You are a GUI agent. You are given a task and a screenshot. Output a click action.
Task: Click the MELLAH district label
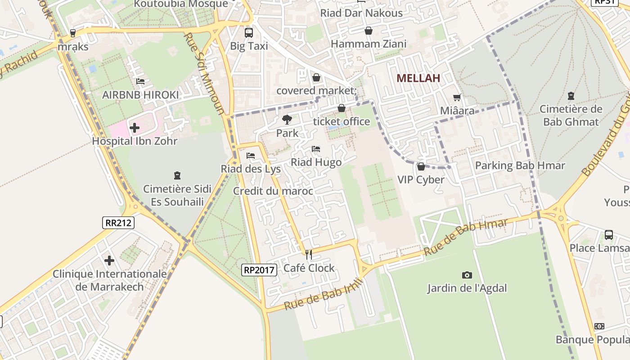tap(418, 78)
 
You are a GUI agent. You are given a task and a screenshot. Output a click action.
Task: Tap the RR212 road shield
tap(118, 222)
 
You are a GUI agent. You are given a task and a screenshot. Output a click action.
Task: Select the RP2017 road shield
tap(259, 270)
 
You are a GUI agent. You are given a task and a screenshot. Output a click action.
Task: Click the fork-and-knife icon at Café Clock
tap(309, 255)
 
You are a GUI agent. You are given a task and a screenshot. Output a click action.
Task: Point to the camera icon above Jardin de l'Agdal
tap(467, 275)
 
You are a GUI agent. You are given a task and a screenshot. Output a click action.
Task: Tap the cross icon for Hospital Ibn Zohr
tap(134, 128)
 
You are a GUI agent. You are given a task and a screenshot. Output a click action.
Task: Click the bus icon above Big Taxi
tap(249, 33)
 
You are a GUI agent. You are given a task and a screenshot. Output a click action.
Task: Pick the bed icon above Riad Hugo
tap(316, 149)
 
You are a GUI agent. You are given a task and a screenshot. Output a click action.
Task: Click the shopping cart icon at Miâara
tap(457, 97)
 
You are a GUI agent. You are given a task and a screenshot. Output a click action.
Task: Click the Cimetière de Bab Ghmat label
tap(571, 115)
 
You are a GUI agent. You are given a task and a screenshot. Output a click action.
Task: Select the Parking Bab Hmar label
tap(520, 166)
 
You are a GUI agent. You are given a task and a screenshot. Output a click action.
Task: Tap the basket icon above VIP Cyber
tap(421, 166)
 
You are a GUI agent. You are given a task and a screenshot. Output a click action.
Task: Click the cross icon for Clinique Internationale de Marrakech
tap(109, 261)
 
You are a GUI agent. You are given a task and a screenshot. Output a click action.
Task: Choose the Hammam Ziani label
tap(369, 44)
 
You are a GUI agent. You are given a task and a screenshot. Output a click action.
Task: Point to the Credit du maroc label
tap(273, 191)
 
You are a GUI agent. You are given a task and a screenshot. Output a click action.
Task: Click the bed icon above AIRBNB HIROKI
tap(140, 81)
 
